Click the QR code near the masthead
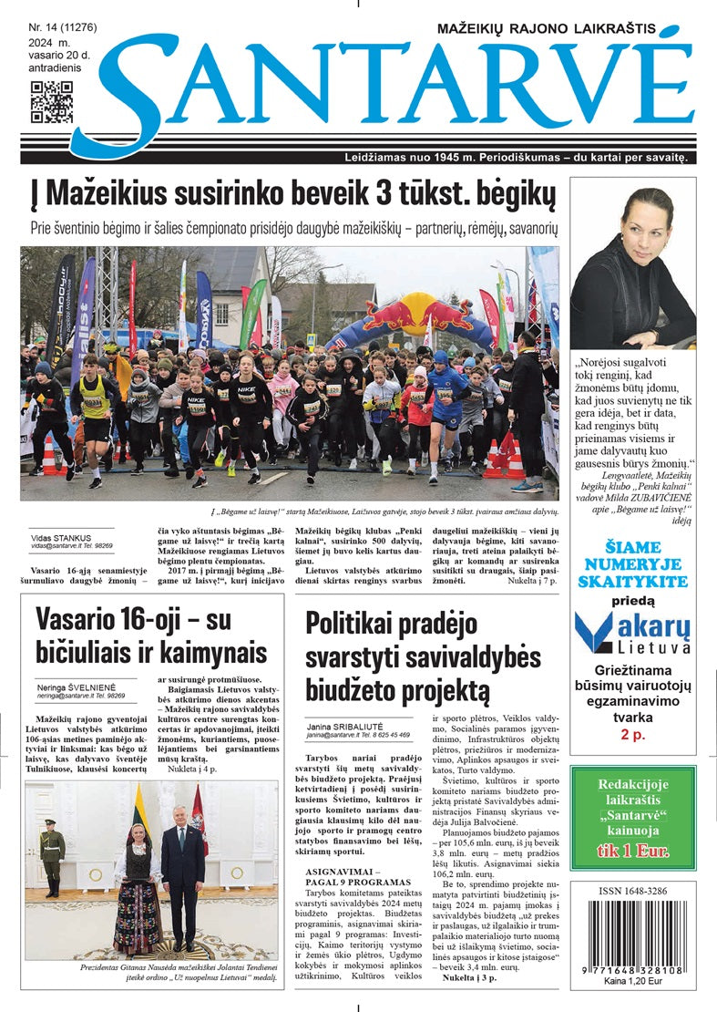pyautogui.click(x=51, y=102)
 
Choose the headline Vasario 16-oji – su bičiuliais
pyautogui.click(x=150, y=635)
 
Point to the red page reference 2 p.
pyautogui.click(x=633, y=734)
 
